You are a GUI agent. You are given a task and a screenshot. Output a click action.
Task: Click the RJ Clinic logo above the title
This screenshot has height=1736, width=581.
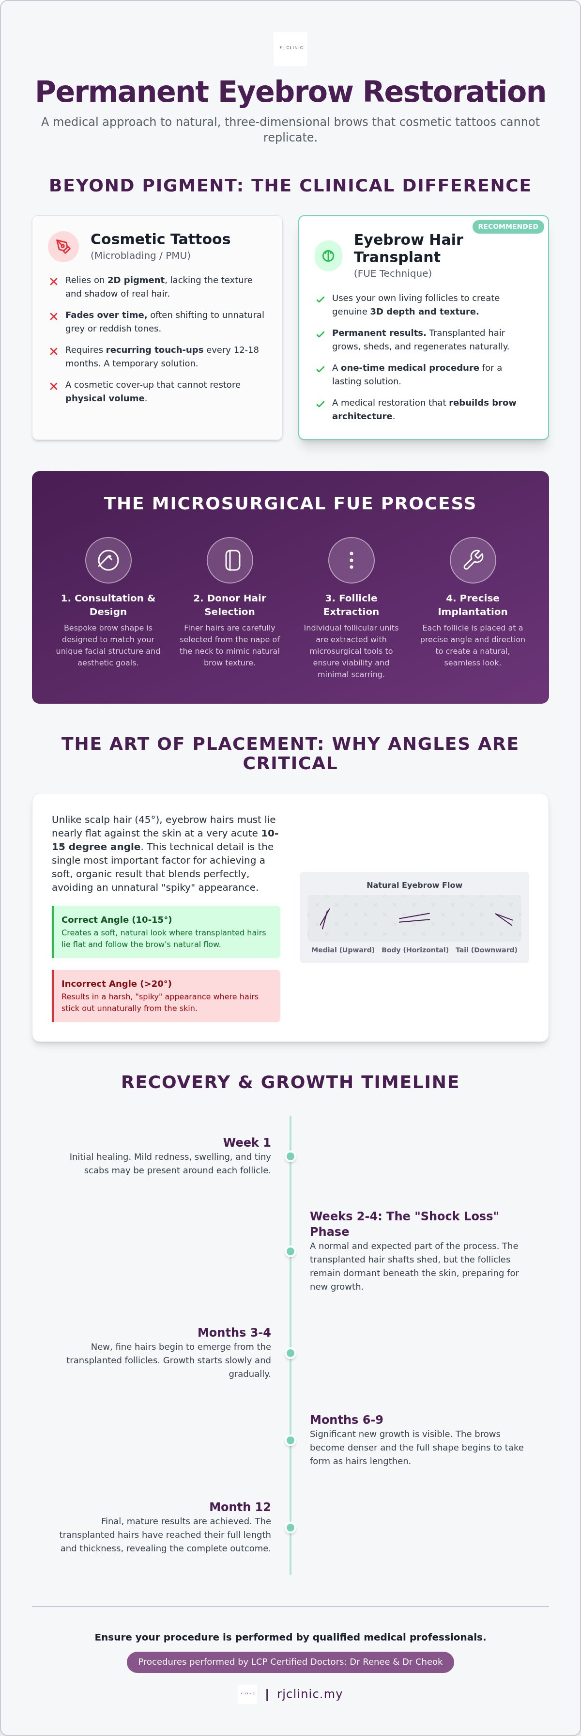point(290,48)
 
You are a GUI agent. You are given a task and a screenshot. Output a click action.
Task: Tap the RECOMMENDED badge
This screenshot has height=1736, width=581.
point(508,226)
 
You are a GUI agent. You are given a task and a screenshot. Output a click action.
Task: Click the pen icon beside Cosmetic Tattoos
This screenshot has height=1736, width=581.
point(63,247)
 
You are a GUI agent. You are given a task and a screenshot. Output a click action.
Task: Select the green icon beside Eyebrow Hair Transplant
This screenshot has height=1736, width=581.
point(329,255)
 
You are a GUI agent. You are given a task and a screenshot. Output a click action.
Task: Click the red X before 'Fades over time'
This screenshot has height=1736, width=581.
point(54,316)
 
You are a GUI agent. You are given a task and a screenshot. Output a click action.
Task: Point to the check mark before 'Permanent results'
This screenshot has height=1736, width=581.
point(321,334)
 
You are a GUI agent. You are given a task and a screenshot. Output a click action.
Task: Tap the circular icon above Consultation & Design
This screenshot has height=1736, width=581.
point(108,560)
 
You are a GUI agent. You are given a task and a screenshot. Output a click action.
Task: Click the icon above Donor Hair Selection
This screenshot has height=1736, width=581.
point(229,560)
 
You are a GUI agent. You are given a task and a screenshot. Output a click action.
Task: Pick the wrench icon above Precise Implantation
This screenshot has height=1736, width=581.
point(473,560)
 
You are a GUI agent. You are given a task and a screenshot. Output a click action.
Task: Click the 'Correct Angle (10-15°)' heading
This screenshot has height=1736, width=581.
point(117,919)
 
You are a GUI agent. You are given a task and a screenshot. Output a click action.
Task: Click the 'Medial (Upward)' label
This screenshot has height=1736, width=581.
point(343,949)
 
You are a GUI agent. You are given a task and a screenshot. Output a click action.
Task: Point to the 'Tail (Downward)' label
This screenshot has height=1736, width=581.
point(486,949)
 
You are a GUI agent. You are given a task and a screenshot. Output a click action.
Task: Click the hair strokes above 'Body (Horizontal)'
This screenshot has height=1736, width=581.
point(414,917)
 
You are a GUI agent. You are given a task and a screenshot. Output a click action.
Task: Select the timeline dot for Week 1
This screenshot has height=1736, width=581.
point(290,1156)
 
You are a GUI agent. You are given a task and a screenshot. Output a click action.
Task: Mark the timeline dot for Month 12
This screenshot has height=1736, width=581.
point(290,1528)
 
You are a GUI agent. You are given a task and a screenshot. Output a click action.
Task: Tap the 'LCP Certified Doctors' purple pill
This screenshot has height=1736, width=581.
point(290,1662)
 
